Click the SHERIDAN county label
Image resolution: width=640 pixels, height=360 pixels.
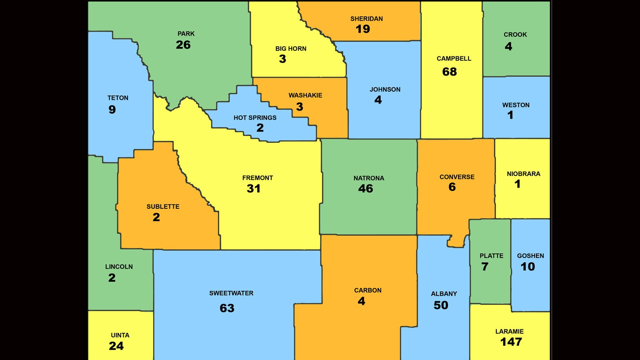(x=366, y=19)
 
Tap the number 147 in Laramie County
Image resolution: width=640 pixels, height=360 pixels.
(x=511, y=342)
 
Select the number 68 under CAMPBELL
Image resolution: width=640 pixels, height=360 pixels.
(x=449, y=72)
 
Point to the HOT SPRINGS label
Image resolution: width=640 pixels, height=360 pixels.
(x=255, y=118)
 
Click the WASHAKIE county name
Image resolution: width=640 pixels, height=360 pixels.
(x=305, y=95)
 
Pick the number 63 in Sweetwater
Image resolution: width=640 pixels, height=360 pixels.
(x=227, y=308)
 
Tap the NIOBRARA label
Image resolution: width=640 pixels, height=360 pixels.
(x=523, y=174)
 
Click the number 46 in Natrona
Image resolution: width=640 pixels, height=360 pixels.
(x=365, y=189)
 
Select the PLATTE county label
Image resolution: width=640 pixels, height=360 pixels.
(x=491, y=256)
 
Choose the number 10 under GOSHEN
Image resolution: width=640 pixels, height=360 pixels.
(x=527, y=267)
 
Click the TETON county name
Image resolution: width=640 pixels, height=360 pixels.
(x=118, y=98)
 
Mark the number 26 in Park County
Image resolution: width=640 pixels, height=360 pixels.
(x=183, y=45)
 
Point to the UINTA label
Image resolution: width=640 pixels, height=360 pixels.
(x=120, y=335)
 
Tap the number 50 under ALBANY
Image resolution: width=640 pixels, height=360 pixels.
(x=441, y=305)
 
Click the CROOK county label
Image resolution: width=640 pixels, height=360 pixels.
(x=515, y=34)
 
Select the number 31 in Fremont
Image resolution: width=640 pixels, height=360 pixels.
(x=253, y=189)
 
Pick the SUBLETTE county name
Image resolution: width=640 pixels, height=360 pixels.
(x=163, y=206)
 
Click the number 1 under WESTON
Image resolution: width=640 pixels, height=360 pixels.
(x=510, y=115)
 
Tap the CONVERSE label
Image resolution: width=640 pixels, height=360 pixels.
(x=457, y=177)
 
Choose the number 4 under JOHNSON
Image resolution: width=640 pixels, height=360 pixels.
(x=378, y=100)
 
